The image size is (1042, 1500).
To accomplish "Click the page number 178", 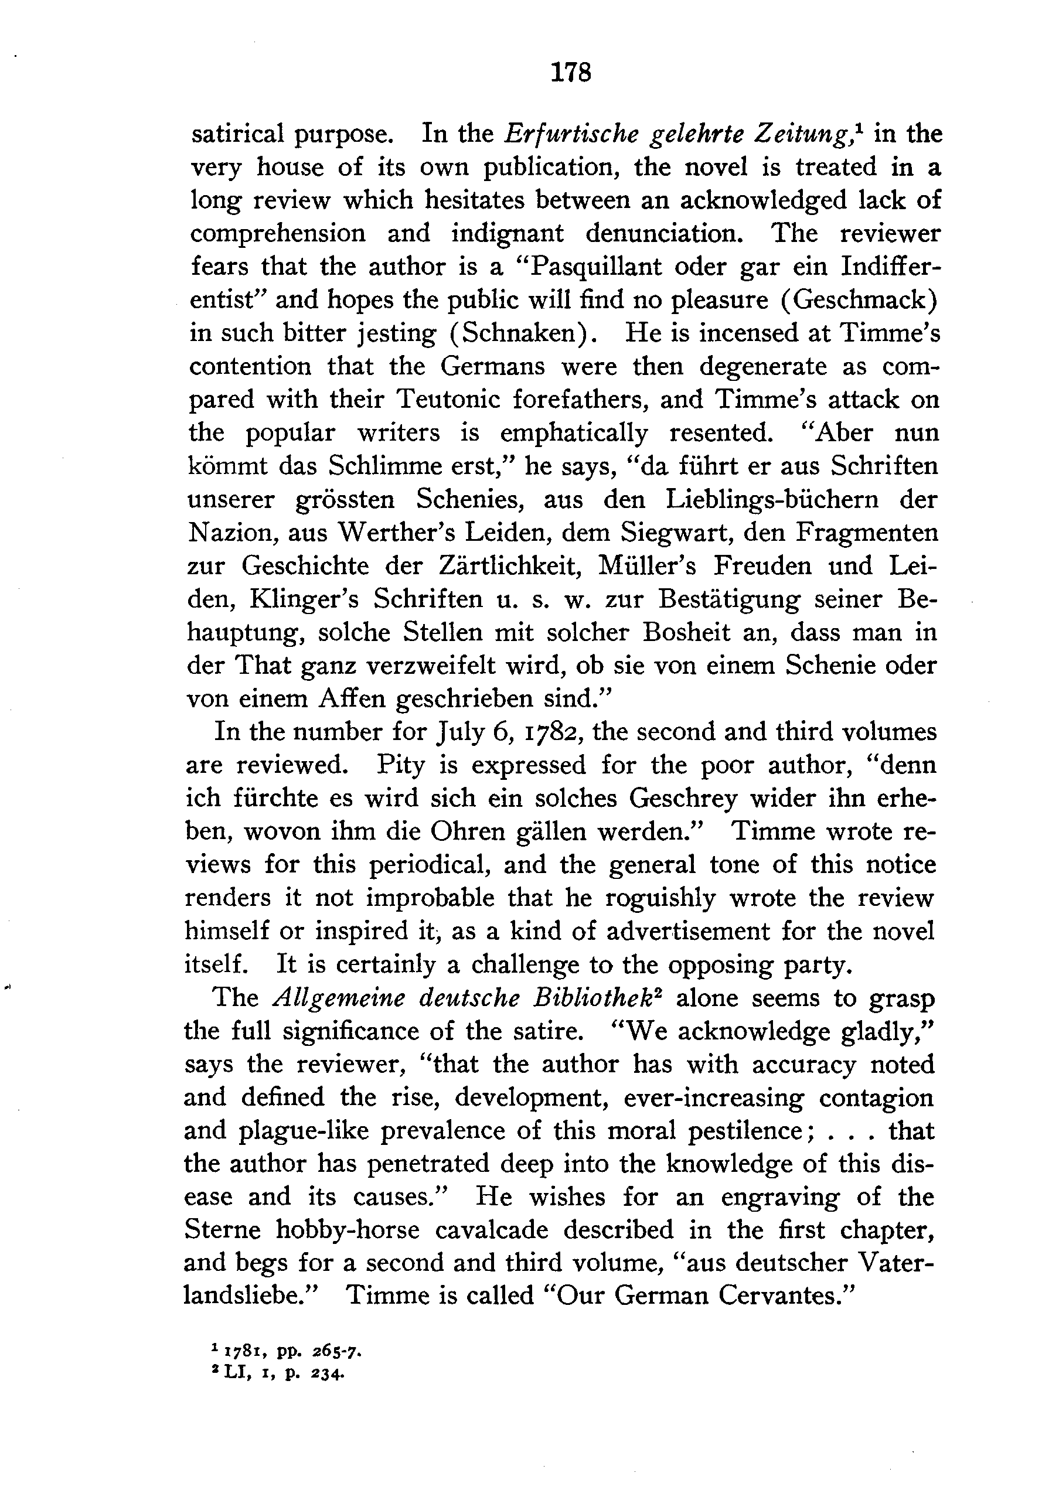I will [x=571, y=72].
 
